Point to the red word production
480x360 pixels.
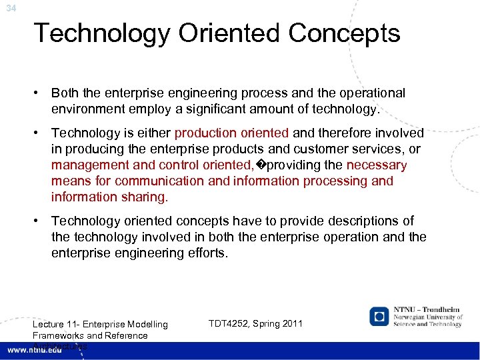(207, 133)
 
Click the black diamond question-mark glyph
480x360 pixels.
(261, 165)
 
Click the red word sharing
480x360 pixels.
(148, 197)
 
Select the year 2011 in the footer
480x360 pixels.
(292, 323)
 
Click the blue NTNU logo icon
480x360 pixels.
(379, 317)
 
